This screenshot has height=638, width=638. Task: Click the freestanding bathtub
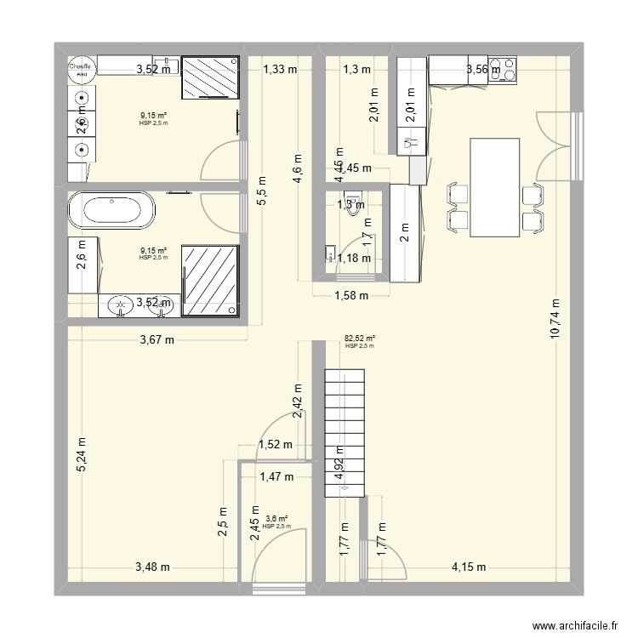(111, 210)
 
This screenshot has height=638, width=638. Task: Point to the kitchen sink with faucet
(413, 145)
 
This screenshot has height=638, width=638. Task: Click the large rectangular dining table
(494, 187)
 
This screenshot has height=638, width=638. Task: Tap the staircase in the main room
(344, 432)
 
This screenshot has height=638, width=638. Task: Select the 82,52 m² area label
(360, 339)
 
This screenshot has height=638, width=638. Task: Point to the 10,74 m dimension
(555, 319)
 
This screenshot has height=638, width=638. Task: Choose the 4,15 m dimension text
(468, 567)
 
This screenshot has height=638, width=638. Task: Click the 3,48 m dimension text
(152, 567)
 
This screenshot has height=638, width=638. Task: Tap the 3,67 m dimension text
(157, 340)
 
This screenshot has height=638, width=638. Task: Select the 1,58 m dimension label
(350, 296)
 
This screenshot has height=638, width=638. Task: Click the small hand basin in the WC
(330, 253)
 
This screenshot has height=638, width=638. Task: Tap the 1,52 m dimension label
(275, 444)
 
